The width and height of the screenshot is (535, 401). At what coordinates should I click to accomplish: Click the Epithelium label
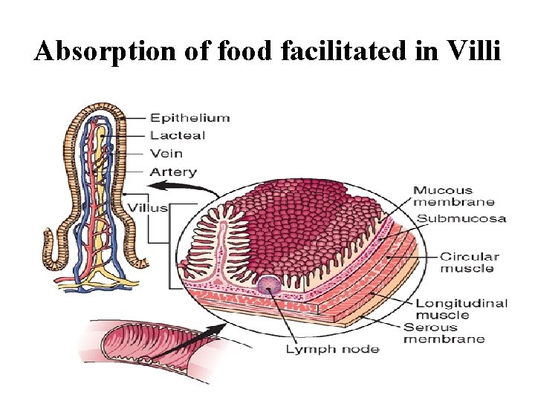click(189, 117)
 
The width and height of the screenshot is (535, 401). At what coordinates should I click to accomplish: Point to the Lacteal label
click(177, 135)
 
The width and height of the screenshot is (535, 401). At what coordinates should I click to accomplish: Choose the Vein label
click(166, 153)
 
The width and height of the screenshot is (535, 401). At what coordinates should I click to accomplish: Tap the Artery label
click(173, 172)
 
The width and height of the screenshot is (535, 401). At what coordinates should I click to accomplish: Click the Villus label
click(147, 207)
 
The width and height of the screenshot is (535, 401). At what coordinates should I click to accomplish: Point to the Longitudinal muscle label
click(461, 308)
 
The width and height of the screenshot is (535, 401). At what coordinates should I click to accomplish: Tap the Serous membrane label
click(444, 333)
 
